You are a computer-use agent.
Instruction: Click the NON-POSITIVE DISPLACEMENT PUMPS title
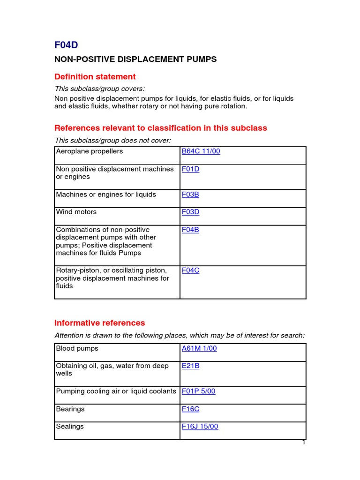click(135, 60)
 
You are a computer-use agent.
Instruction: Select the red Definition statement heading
click(95, 76)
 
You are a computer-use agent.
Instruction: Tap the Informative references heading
click(100, 322)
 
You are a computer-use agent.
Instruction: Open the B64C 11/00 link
click(201, 151)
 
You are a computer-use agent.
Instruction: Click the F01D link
click(190, 169)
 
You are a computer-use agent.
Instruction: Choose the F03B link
click(190, 194)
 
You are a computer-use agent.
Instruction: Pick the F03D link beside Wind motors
click(190, 212)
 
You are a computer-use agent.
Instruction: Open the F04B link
click(190, 230)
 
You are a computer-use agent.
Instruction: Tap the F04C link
click(190, 270)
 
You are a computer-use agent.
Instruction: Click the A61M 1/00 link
click(199, 348)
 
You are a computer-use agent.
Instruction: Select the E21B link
click(190, 366)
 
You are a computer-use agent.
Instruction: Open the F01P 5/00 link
click(199, 391)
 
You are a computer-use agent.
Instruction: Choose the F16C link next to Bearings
click(190, 409)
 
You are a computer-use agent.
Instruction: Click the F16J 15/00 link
click(200, 427)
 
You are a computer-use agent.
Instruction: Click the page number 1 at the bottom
click(304, 442)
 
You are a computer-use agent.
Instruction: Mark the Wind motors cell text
click(76, 212)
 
